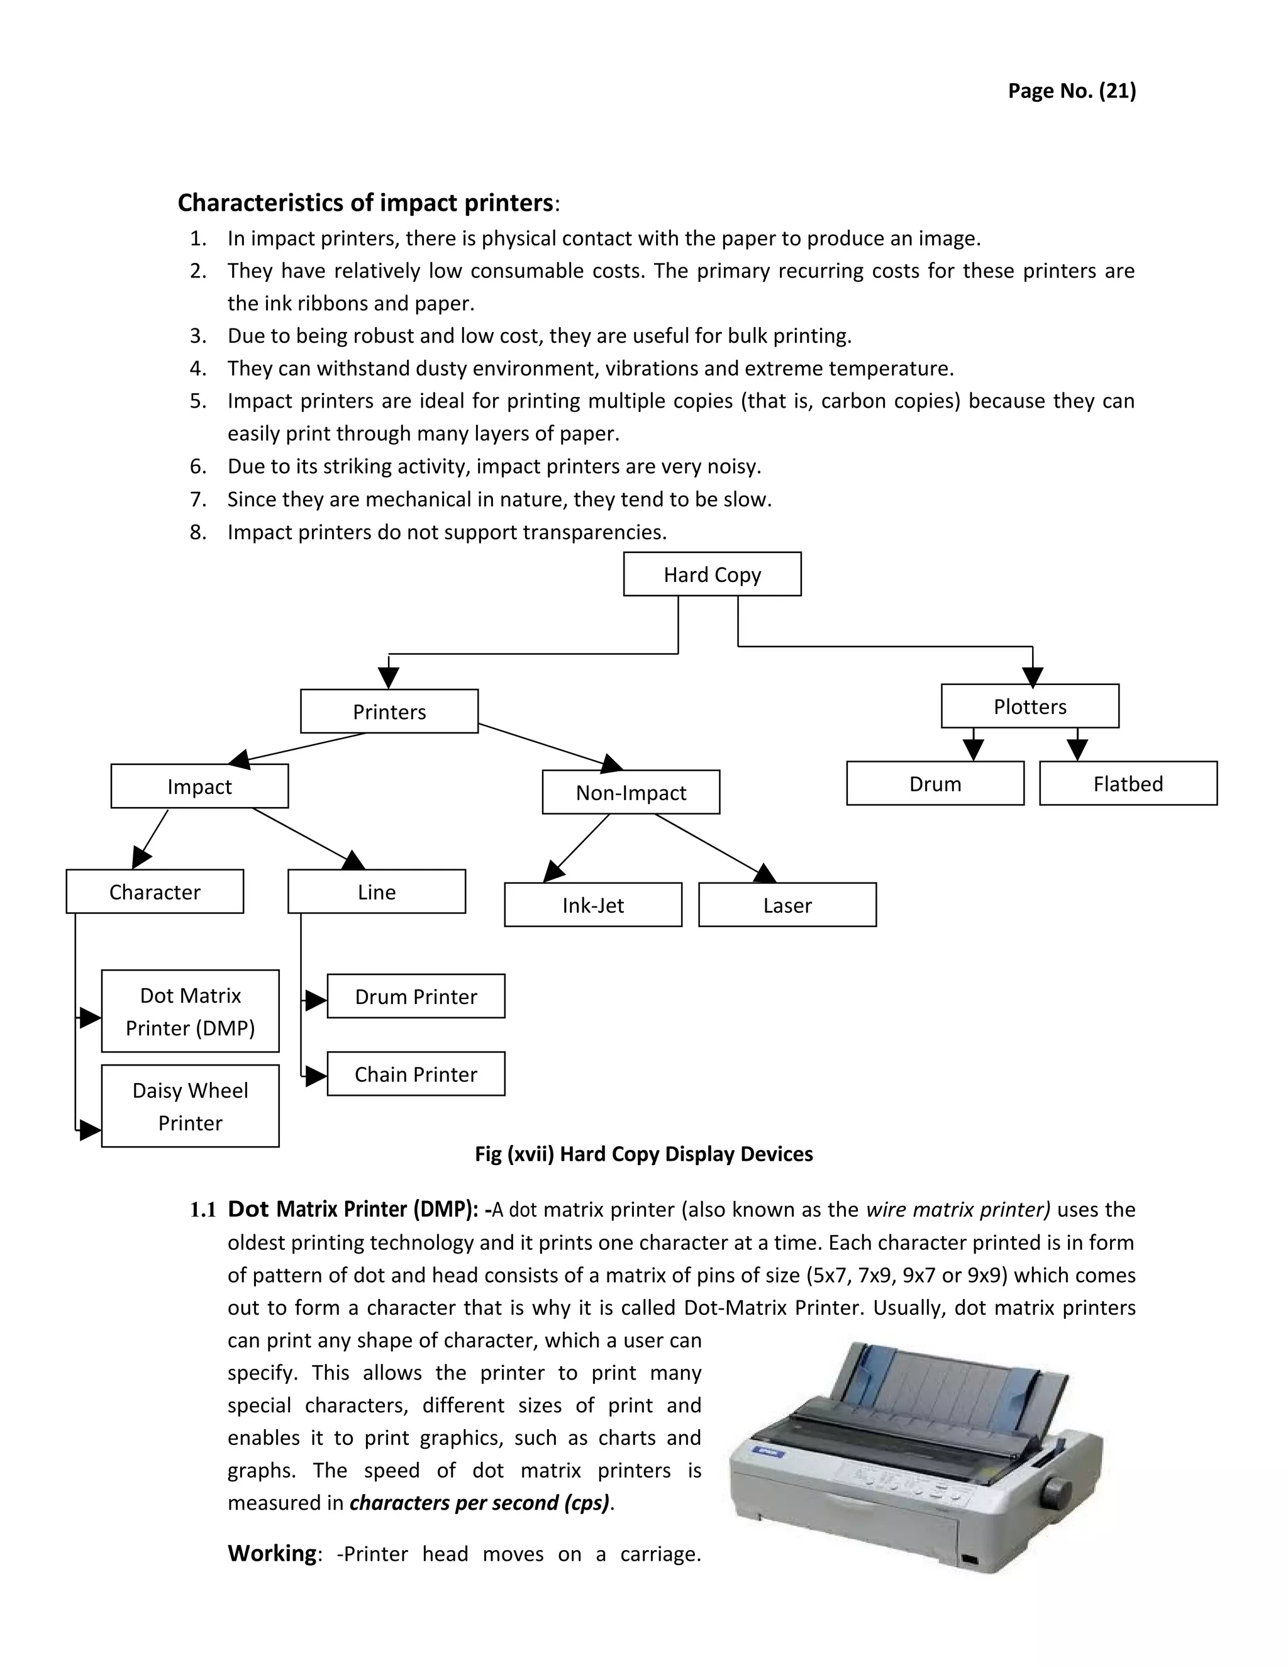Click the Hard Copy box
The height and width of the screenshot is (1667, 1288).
pyautogui.click(x=712, y=574)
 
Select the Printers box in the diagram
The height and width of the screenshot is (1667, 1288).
pyautogui.click(x=389, y=711)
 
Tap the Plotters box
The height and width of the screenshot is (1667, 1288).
pyautogui.click(x=1030, y=706)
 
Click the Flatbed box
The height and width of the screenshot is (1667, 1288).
pyautogui.click(x=1128, y=783)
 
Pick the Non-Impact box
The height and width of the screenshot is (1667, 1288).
pyautogui.click(x=630, y=792)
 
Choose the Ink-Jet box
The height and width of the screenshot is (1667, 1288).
pyautogui.click(x=593, y=905)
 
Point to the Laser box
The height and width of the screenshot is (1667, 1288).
pyautogui.click(x=787, y=905)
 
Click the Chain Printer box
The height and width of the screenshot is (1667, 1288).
pyautogui.click(x=416, y=1074)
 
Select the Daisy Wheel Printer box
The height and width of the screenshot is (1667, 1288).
pyautogui.click(x=190, y=1106)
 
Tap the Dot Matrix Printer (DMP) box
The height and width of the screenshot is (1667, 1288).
pyautogui.click(x=190, y=1012)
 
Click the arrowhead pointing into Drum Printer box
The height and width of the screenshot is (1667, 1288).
pyautogui.click(x=316, y=1000)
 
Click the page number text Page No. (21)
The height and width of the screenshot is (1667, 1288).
pyautogui.click(x=1071, y=91)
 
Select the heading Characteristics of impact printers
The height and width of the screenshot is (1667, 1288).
pyautogui.click(x=365, y=203)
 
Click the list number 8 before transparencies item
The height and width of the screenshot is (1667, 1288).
pyautogui.click(x=197, y=532)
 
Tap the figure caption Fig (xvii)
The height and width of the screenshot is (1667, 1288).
pyautogui.click(x=643, y=1153)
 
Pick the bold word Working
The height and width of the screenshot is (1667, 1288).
pyautogui.click(x=272, y=1553)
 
